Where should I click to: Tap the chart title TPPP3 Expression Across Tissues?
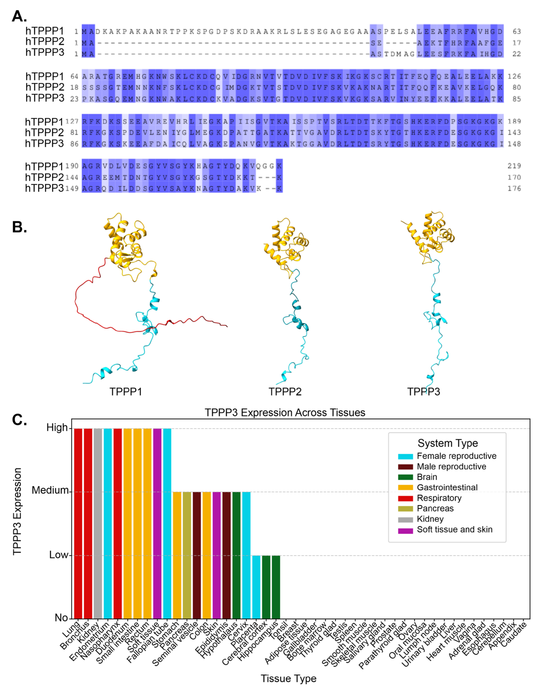coord(285,413)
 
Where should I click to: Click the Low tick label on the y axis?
coord(59,555)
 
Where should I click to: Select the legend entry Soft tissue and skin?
coord(455,530)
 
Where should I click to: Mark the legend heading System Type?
coord(448,443)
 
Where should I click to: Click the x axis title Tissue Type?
coord(288,678)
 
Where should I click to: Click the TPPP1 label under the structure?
coord(126,392)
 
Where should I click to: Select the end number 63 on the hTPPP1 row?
coord(517,31)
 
